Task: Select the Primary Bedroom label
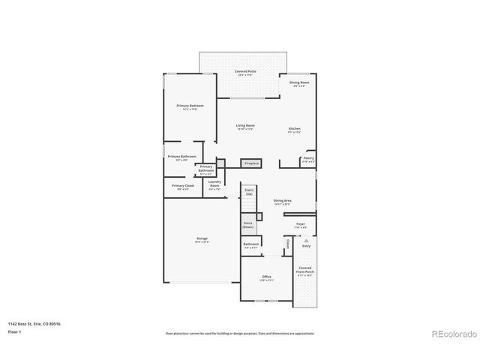pos(190,107)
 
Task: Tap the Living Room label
pos(245,127)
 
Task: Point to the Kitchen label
pos(295,130)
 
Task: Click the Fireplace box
pos(250,163)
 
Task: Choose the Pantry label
pos(308,159)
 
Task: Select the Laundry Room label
pos(214,185)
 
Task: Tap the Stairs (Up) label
pos(249,192)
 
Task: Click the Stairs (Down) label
pos(248,224)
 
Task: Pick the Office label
pos(266,278)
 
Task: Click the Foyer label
pos(300,224)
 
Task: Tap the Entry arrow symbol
pos(306,240)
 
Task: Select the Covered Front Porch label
pos(305,271)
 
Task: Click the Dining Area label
pos(282,202)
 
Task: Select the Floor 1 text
pos(15,331)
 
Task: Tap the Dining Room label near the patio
pos(297,83)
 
